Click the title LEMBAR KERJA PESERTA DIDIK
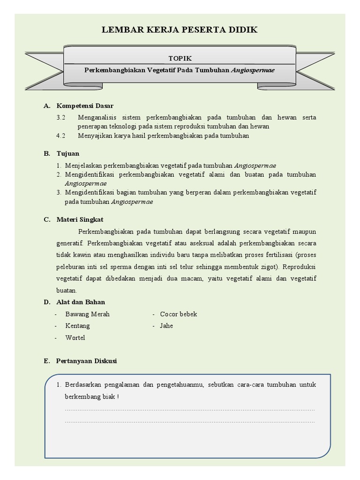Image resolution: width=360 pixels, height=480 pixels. (180, 30)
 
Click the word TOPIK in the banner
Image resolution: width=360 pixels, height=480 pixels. (180, 58)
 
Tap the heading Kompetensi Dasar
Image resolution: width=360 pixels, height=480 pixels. (85, 106)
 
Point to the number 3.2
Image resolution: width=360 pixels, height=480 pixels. (61, 117)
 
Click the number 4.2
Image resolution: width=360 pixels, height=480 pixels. (61, 135)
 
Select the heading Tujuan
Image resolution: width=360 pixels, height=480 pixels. (68, 153)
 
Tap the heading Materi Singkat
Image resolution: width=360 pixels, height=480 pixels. (80, 219)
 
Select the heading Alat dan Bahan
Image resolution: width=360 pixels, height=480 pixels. (81, 302)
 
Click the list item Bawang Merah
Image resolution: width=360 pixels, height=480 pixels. (87, 314)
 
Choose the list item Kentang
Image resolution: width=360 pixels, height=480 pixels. (77, 326)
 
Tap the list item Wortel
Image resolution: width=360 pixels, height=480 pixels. (75, 337)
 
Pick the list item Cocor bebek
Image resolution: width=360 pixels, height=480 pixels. (179, 314)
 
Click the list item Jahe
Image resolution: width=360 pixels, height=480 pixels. (166, 326)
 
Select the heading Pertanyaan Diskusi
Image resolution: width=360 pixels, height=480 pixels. (86, 361)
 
